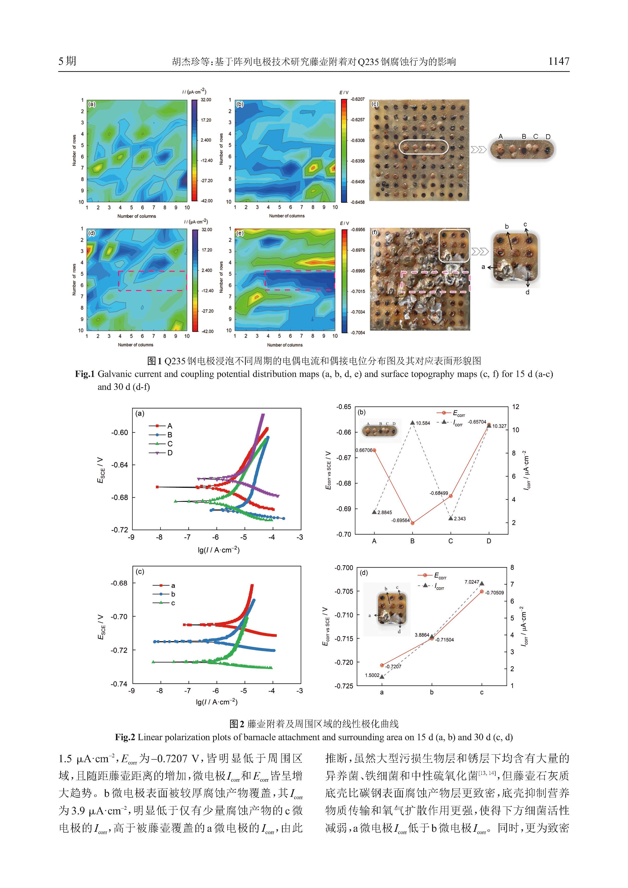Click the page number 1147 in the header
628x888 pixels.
(558, 61)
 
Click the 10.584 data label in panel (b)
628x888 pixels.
(423, 423)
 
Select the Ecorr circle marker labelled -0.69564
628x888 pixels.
(413, 523)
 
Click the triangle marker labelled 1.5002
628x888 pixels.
(382, 676)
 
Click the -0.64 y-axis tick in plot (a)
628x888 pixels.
(119, 465)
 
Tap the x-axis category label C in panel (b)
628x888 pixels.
(451, 541)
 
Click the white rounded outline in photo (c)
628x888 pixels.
(423, 147)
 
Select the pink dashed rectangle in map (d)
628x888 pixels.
(152, 281)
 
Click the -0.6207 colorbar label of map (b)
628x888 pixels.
(357, 99)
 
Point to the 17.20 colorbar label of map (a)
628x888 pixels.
(206, 120)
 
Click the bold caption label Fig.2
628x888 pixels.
(125, 737)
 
